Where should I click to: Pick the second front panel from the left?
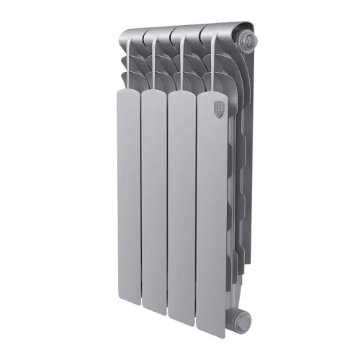pyautogui.click(x=154, y=202)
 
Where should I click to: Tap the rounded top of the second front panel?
pyautogui.click(x=153, y=92)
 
